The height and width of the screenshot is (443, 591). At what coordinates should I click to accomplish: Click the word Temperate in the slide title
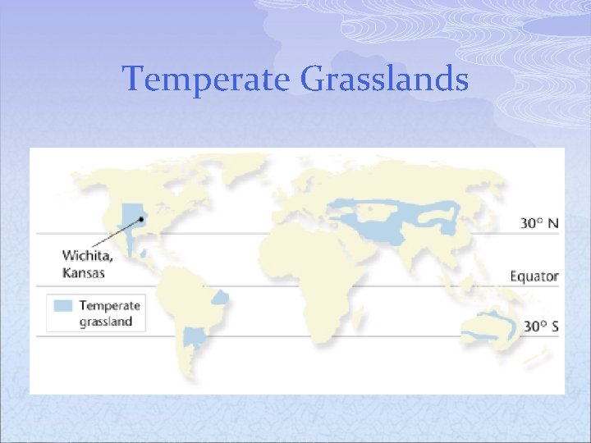pos(207,80)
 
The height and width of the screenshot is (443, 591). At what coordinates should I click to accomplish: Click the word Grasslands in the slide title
pos(385,80)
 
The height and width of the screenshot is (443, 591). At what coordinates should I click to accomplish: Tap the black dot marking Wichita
pos(142,219)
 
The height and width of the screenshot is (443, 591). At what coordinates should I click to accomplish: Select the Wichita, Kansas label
pos(89,263)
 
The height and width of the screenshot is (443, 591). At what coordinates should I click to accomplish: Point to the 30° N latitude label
pos(539,222)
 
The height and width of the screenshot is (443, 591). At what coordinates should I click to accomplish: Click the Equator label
pos(534,276)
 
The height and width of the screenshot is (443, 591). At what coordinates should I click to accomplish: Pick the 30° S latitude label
pos(539,327)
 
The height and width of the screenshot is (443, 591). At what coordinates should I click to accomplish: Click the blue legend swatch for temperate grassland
pos(63,306)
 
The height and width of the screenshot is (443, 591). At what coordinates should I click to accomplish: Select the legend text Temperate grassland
pos(109,313)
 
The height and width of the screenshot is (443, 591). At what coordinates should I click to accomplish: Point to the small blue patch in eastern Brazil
pos(221,296)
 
